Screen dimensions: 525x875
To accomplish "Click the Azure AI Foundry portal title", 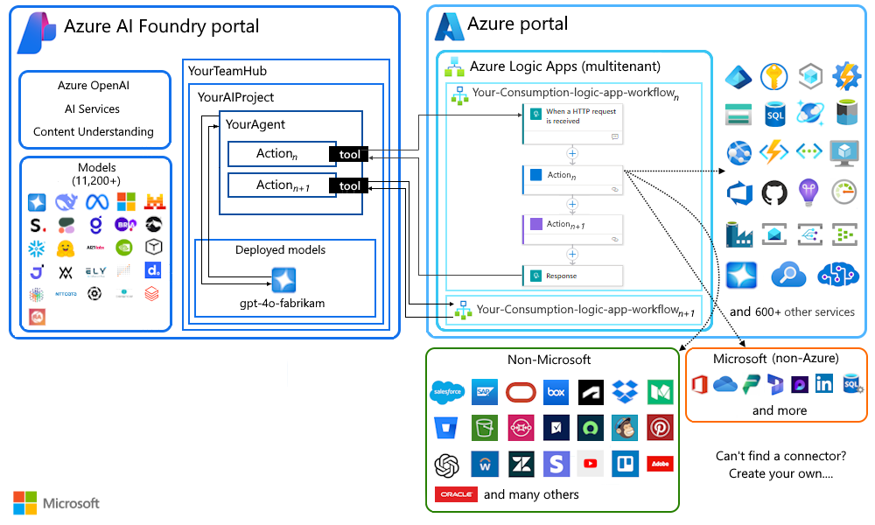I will [x=161, y=26].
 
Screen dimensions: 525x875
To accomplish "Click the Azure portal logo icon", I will [x=449, y=26].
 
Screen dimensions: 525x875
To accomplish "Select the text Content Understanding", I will [x=94, y=132].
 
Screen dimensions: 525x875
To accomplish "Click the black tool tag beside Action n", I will [x=349, y=155].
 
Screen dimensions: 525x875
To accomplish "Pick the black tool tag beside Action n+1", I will [x=349, y=185].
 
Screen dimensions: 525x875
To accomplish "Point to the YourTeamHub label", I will [x=227, y=71].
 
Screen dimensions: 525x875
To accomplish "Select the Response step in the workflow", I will [x=572, y=276].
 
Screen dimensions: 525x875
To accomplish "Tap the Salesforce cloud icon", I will [x=447, y=392].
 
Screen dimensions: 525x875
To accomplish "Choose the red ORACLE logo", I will [x=456, y=494].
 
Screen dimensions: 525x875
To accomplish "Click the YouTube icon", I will [x=591, y=464].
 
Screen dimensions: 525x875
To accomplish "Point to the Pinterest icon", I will [x=660, y=427].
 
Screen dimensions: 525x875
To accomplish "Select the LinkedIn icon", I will [x=823, y=385].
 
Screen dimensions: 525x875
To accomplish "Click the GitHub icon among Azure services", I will [x=774, y=192].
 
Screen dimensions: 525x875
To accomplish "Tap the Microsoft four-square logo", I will [x=25, y=503].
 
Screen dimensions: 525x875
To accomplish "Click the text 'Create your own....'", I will [x=780, y=474].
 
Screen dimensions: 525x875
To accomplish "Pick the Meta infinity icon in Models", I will [x=95, y=202].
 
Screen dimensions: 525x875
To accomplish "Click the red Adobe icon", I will [x=660, y=464].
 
